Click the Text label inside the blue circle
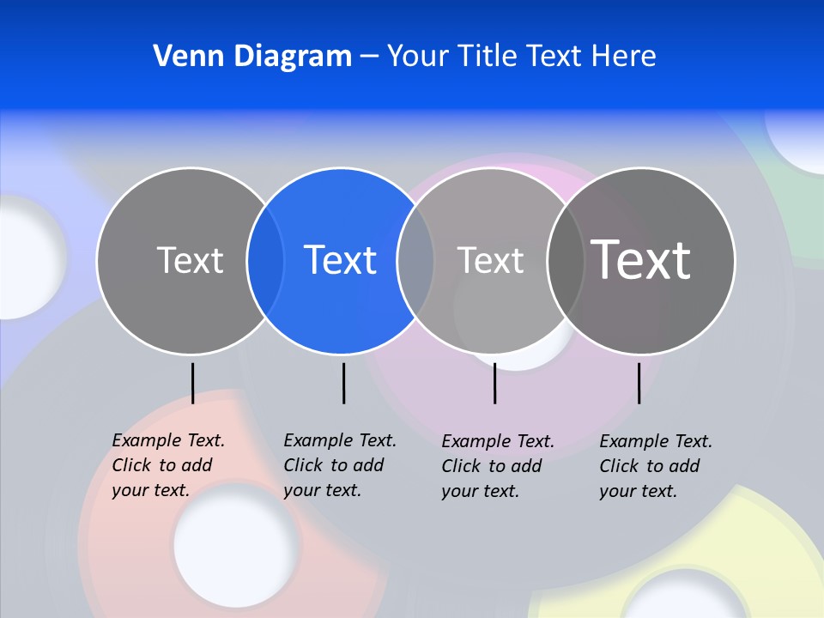coord(341,260)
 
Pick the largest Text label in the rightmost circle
coord(641,259)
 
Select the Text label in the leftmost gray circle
coord(190,260)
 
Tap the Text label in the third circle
coord(490,260)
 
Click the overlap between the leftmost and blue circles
coord(265,260)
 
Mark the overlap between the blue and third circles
coord(415,260)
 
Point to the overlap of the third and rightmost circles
coord(566,260)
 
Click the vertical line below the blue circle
coord(343,383)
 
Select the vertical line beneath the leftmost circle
coord(192,383)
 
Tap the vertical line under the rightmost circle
coord(639,383)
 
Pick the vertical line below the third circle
coord(494,383)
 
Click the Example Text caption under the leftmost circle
coord(168,465)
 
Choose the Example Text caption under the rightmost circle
coord(656,466)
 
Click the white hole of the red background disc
coord(236,543)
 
